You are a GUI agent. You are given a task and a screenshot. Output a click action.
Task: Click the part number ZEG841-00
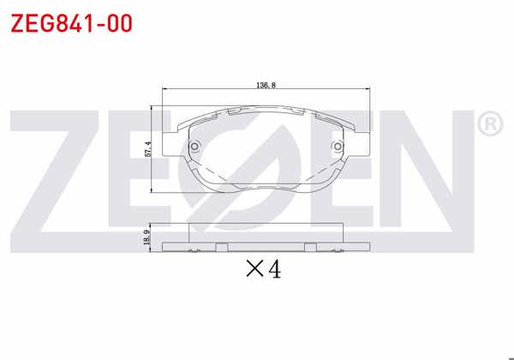click(x=70, y=23)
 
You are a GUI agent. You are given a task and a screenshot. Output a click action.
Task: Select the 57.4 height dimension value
click(x=147, y=149)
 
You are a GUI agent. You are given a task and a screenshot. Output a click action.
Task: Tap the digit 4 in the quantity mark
click(x=274, y=269)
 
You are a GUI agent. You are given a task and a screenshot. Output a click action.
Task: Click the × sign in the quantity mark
click(x=254, y=270)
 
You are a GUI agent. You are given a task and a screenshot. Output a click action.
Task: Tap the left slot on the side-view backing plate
click(x=222, y=248)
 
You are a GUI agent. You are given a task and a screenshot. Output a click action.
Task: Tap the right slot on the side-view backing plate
click(x=310, y=248)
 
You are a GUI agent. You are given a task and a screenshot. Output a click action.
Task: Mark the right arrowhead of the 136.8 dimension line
click(x=370, y=90)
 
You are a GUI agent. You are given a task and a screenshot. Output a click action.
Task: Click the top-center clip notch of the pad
click(x=267, y=113)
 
